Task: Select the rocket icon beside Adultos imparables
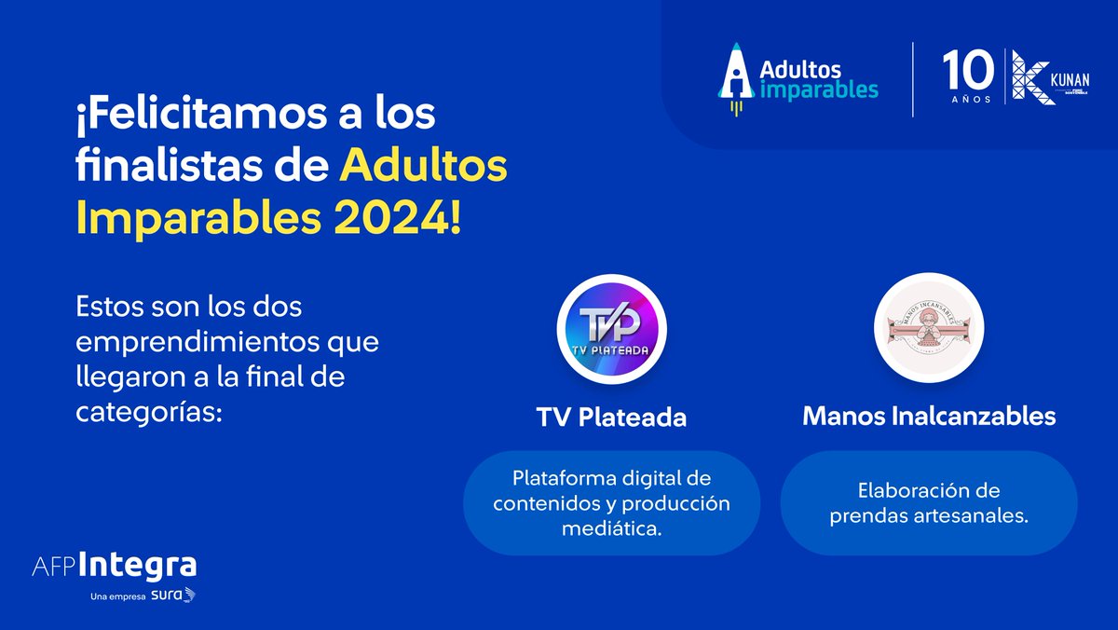(x=737, y=79)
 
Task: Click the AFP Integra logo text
(x=114, y=566)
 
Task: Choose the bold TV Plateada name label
(x=611, y=417)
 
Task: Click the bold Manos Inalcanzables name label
(x=929, y=416)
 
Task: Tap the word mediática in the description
(x=611, y=528)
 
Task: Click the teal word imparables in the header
(x=820, y=89)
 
